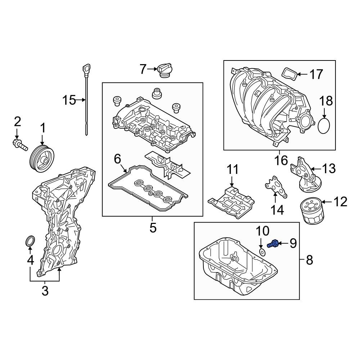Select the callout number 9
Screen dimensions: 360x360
point(292,244)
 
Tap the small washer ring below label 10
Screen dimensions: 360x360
point(262,252)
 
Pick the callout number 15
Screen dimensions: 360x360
point(69,100)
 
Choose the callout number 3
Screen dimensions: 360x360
point(45,291)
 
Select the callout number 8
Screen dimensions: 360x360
point(309,260)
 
